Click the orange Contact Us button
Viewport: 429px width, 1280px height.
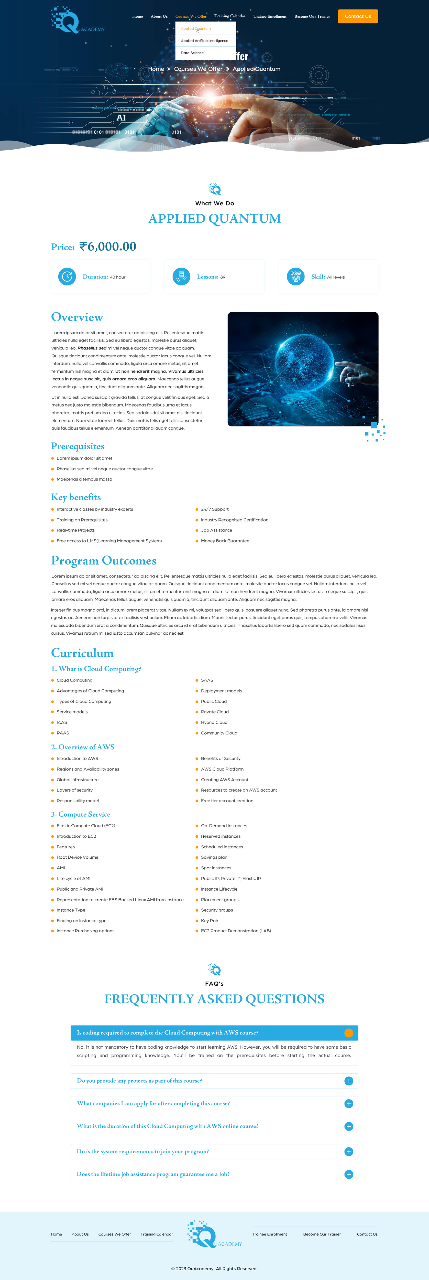(358, 16)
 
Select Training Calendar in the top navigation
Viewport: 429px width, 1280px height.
(229, 16)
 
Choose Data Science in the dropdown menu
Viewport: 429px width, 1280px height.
(192, 53)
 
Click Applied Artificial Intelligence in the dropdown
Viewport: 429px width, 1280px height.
(204, 41)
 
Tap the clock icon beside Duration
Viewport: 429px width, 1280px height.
(67, 277)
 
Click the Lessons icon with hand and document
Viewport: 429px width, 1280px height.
(181, 277)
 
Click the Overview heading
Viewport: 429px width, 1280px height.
(77, 317)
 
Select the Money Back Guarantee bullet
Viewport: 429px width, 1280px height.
(225, 541)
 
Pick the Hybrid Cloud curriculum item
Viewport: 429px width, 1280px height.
(214, 722)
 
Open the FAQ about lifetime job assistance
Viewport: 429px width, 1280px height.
(153, 1174)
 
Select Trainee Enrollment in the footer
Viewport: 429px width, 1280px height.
(269, 1234)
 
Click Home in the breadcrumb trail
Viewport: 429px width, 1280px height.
(156, 69)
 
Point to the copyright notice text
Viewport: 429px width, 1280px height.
(214, 1268)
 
